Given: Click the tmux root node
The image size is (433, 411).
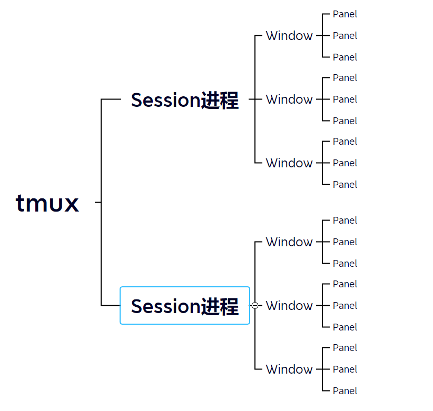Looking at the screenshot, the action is tap(47, 203).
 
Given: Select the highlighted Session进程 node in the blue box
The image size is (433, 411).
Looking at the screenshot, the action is tap(185, 306).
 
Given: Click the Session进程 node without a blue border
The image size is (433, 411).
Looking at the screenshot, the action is tap(185, 100).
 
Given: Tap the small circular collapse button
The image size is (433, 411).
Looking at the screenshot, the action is tap(255, 305).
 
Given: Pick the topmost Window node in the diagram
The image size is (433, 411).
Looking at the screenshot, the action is tap(289, 36).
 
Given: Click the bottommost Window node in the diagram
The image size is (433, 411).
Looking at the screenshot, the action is tap(289, 369).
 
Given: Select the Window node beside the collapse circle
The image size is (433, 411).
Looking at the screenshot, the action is tap(289, 305).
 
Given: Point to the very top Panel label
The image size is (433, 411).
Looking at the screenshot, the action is tap(345, 14).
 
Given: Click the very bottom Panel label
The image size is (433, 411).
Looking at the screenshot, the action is tap(345, 390).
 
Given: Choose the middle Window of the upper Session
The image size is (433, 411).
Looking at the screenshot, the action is tap(289, 99).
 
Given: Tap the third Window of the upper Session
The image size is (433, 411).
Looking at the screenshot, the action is tap(289, 163).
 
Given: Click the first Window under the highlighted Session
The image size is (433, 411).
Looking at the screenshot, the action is tap(289, 242).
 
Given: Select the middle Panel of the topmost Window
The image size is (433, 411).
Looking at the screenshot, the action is tap(345, 36).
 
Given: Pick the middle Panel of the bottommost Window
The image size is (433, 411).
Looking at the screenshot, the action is tap(345, 369).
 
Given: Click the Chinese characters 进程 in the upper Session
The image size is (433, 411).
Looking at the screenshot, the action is tap(220, 100).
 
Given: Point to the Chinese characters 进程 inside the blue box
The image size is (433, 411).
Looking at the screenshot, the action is tap(220, 306).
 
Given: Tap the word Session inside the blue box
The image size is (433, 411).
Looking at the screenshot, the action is tap(166, 306).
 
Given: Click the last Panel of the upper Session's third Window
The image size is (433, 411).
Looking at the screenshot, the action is tap(345, 184).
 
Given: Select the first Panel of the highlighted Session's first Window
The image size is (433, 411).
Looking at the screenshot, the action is tap(345, 220).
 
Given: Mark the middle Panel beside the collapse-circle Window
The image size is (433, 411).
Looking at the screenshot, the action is tap(345, 305).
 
